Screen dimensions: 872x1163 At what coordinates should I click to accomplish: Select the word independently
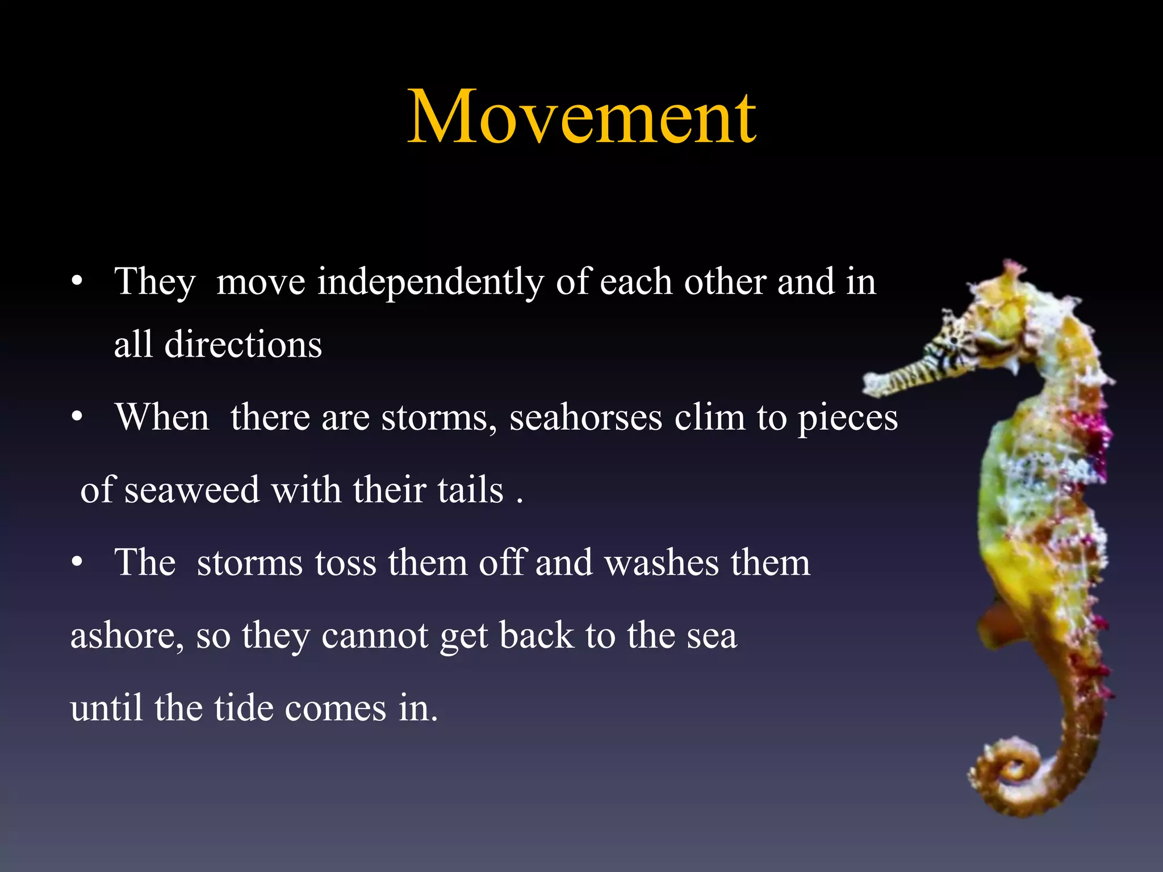coord(430,282)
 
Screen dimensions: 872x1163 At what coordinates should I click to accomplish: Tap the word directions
coord(243,345)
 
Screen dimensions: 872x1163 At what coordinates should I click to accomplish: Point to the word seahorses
coord(585,418)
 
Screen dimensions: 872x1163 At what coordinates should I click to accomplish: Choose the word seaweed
coord(192,490)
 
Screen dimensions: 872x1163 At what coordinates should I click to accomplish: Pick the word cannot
coord(375,636)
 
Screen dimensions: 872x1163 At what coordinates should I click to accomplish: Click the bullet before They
coord(78,281)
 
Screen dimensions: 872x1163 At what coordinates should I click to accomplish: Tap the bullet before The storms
coord(78,563)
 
